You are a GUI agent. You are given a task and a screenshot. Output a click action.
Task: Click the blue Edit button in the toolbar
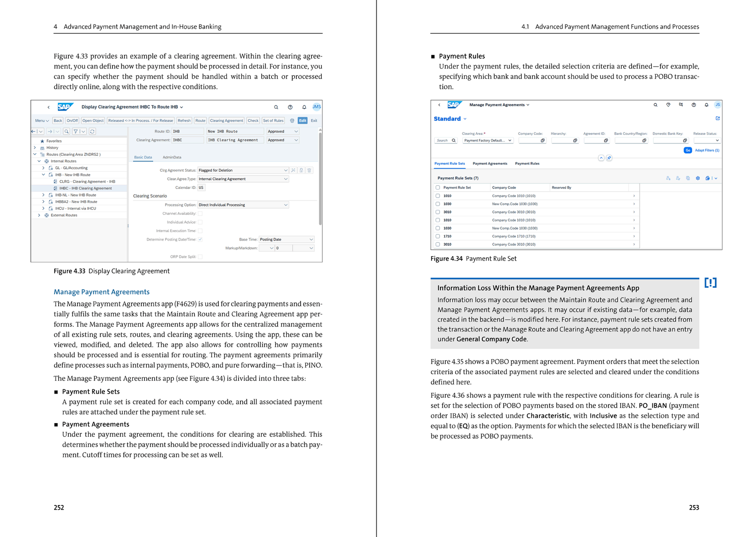pyautogui.click(x=302, y=121)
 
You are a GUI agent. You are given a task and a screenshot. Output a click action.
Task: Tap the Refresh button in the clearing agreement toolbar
pyautogui.click(x=184, y=121)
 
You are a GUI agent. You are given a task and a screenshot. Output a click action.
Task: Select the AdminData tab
pyautogui.click(x=172, y=158)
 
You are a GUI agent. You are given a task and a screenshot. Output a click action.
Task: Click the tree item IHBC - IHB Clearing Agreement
pyautogui.click(x=85, y=189)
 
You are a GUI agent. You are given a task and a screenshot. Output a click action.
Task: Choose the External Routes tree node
pyautogui.click(x=64, y=215)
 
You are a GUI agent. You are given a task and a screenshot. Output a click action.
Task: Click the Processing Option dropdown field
pyautogui.click(x=243, y=205)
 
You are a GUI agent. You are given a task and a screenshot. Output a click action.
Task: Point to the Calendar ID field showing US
pyautogui.click(x=201, y=188)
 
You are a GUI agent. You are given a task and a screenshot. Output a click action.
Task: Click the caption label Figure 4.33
pyautogui.click(x=70, y=271)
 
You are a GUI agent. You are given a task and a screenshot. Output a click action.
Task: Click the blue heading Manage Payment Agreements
pyautogui.click(x=102, y=292)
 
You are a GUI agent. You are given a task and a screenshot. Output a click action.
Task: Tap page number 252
pyautogui.click(x=59, y=508)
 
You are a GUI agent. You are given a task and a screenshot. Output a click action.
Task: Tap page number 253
pyautogui.click(x=694, y=508)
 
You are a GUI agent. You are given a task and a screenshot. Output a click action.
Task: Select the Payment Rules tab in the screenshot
pyautogui.click(x=527, y=164)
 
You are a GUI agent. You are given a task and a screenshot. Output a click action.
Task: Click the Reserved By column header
pyautogui.click(x=561, y=188)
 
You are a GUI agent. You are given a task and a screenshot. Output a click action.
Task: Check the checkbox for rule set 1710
pyautogui.click(x=438, y=237)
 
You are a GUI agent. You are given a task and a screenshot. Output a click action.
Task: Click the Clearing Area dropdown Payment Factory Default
pyautogui.click(x=488, y=141)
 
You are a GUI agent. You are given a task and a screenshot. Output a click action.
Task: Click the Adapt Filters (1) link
pyautogui.click(x=707, y=150)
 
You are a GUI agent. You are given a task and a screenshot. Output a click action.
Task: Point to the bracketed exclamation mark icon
pyautogui.click(x=710, y=283)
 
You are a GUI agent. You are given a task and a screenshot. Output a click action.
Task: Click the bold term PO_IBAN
pyautogui.click(x=652, y=406)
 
